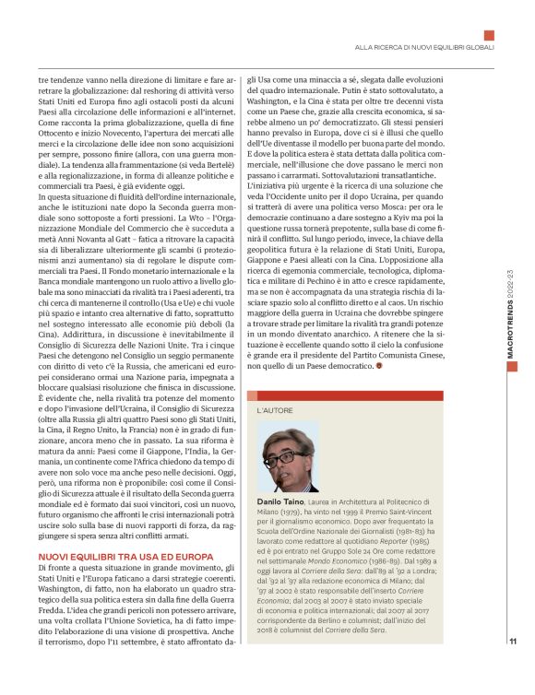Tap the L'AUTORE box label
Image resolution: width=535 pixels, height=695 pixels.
(275, 407)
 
